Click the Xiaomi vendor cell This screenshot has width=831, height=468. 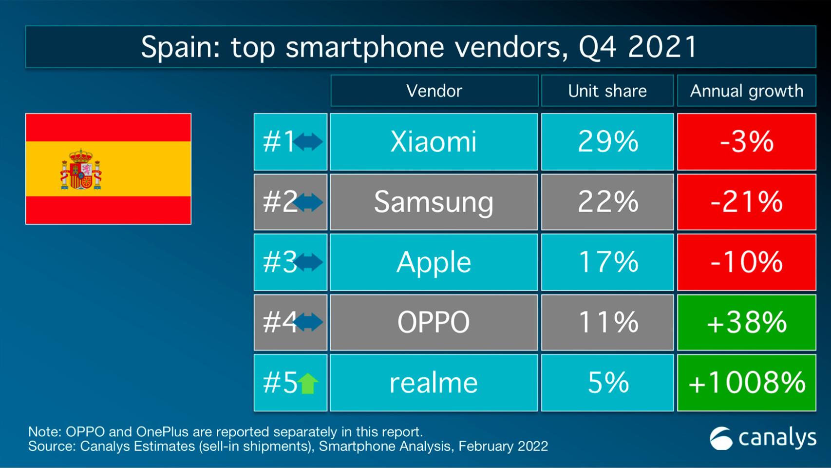[x=434, y=142]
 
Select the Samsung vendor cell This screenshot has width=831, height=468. [x=434, y=202]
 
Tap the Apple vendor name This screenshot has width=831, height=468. [x=434, y=262]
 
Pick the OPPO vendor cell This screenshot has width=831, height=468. [x=434, y=322]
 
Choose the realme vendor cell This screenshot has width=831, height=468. [x=434, y=383]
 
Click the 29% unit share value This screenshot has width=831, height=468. [x=607, y=142]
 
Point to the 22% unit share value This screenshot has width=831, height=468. [x=607, y=202]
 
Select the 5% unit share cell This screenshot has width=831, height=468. [x=607, y=383]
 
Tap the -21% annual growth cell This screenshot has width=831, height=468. [x=746, y=202]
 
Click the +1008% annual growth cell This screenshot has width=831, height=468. [x=746, y=383]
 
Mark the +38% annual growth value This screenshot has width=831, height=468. [x=746, y=322]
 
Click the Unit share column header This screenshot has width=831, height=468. [x=607, y=91]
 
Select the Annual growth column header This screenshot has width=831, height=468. [x=746, y=91]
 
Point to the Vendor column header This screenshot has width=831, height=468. [x=434, y=91]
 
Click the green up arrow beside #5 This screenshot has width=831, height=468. [x=308, y=383]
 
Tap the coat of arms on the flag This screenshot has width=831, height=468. [x=81, y=170]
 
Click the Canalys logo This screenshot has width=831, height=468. [x=762, y=438]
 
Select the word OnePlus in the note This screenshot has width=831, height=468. [x=162, y=432]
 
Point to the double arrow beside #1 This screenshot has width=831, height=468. [x=308, y=142]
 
